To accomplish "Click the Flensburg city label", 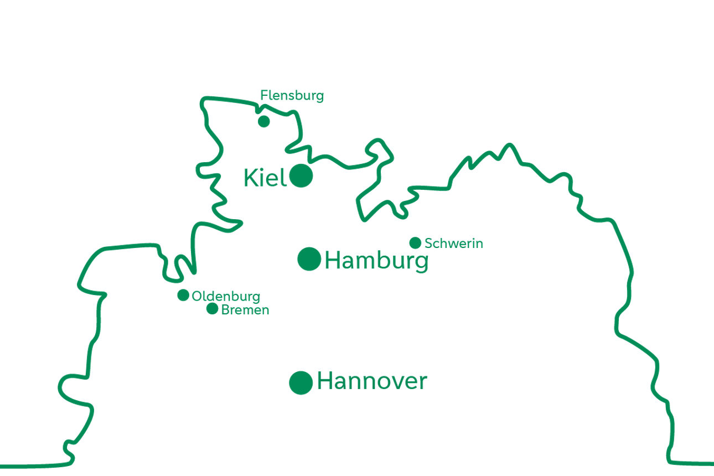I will click(x=292, y=96).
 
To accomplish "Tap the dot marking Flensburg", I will click(x=264, y=121).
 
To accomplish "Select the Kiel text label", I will click(x=265, y=178).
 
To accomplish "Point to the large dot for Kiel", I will click(x=301, y=176).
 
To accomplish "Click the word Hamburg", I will click(x=376, y=261).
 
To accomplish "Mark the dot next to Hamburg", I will click(x=309, y=258).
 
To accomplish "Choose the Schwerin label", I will click(x=454, y=244).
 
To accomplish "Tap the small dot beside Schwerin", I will click(x=415, y=242).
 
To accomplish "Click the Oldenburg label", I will click(x=226, y=297).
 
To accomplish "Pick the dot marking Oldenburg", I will click(x=183, y=295).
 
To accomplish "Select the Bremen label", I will click(x=245, y=310).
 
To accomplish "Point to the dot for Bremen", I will click(x=212, y=308).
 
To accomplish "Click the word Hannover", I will click(x=372, y=381).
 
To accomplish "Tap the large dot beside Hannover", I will click(x=301, y=382).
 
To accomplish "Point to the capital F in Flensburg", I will click(x=264, y=96).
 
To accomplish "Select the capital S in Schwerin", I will click(x=428, y=244).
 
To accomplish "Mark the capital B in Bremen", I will click(x=225, y=310).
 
